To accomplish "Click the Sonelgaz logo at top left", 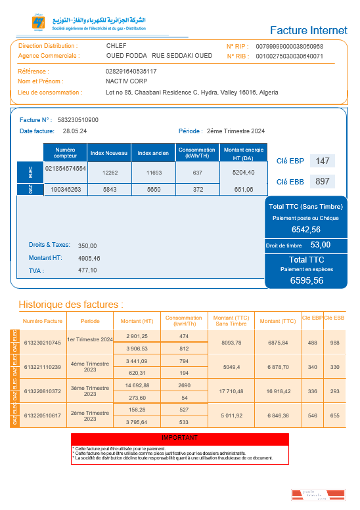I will pos(38,23).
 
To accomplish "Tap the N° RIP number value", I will pos(289,47).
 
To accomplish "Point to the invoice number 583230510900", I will pos(78,120).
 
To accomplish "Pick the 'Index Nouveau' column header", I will pos(108,153).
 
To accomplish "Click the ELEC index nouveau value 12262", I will pos(110,173).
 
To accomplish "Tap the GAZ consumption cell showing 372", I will pos(198,190).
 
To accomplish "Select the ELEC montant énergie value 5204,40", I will pos(243,173).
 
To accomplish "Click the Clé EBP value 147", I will pos(322,161).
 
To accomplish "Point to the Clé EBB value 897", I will pos(322,181).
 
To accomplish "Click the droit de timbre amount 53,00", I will pos(321,245).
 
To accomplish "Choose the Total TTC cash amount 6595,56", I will pos(307,280).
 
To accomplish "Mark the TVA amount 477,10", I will pos(87,270).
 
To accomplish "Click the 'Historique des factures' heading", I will pos(71,305).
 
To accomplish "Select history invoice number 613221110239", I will pos(42,367).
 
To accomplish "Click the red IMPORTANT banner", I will pos(179,437).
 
